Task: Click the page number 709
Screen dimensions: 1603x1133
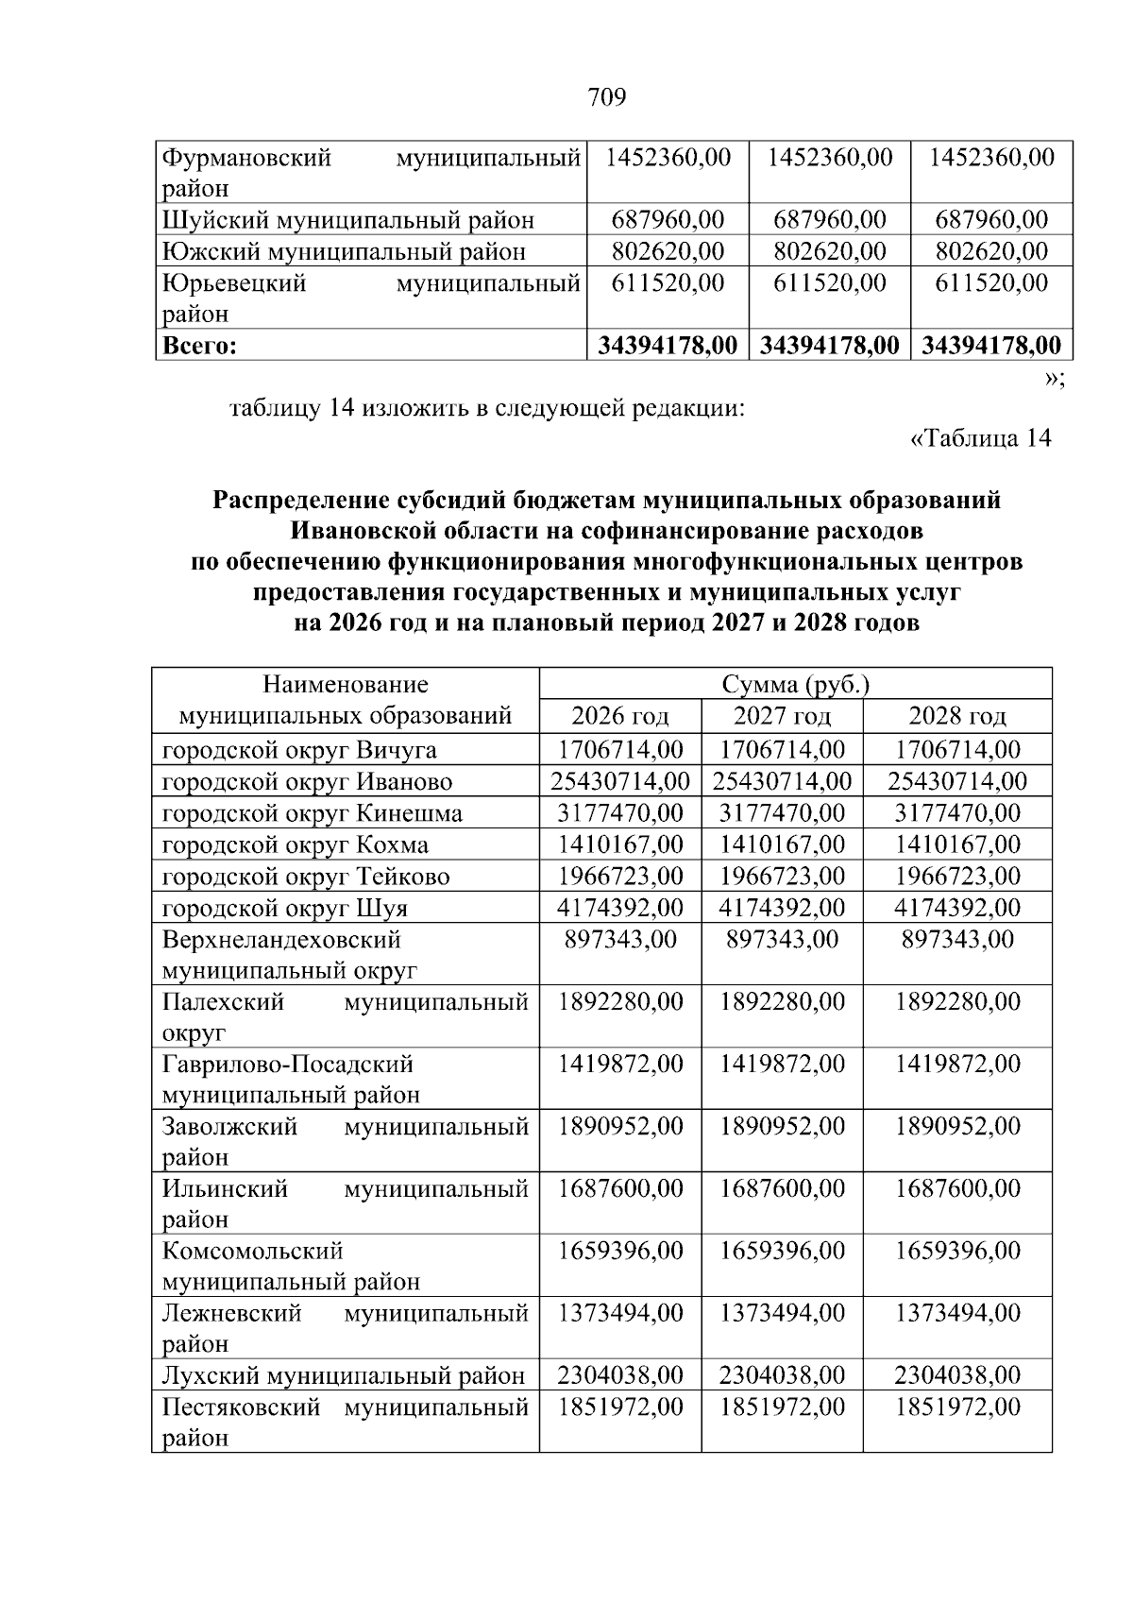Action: tap(606, 96)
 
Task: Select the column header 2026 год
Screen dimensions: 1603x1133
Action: tap(620, 715)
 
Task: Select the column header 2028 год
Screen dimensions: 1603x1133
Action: tap(956, 715)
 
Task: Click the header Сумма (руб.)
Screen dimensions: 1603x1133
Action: tap(795, 684)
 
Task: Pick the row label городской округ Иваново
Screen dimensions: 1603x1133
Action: tap(307, 782)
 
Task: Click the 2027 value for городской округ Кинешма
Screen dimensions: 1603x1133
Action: tap(782, 813)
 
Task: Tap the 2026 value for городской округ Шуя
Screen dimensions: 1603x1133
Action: tap(620, 908)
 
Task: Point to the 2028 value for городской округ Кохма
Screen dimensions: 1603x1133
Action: tap(956, 844)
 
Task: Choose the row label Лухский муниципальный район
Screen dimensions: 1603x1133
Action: tap(343, 1375)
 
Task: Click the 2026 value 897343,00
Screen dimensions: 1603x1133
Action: tap(620, 940)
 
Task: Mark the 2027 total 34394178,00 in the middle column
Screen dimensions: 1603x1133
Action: tap(829, 346)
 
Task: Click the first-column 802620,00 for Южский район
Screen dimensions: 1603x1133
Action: tap(668, 251)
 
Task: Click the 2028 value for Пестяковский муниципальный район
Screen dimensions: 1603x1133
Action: tap(956, 1407)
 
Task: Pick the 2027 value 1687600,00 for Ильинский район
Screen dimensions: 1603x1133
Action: tap(782, 1188)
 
